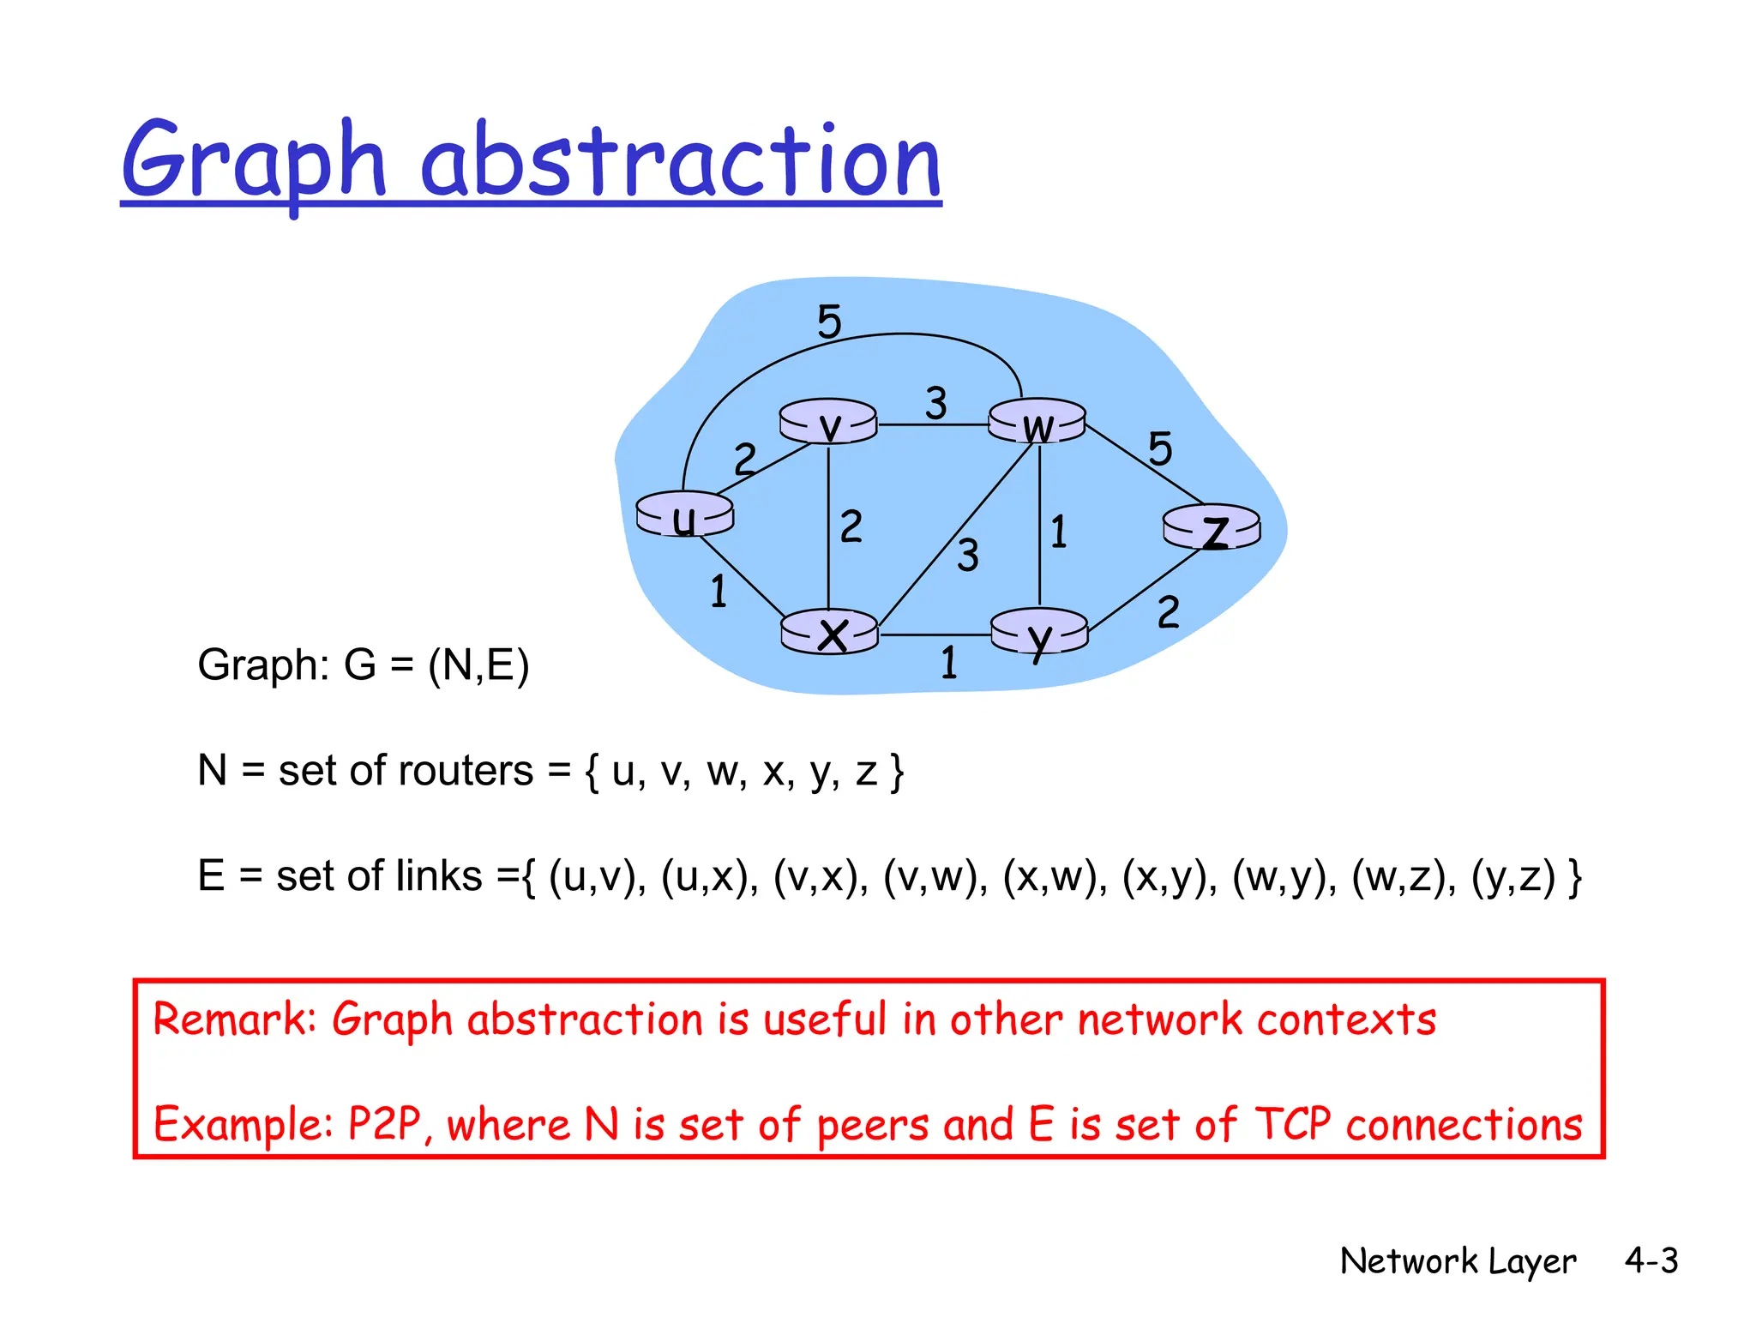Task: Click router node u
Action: [x=684, y=515]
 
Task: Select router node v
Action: [x=828, y=423]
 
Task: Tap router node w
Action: [x=1037, y=422]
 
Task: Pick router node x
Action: [x=830, y=634]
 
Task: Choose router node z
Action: [x=1212, y=527]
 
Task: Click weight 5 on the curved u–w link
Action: [x=829, y=322]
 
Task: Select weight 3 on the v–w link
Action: [x=935, y=403]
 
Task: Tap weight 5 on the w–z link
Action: [x=1159, y=449]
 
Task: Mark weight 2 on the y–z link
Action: [x=1168, y=613]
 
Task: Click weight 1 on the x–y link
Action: [x=948, y=663]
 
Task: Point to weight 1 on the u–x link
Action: [x=719, y=592]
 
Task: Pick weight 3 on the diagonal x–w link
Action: [x=968, y=556]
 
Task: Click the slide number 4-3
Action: [x=1651, y=1261]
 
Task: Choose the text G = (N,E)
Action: [x=436, y=665]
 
